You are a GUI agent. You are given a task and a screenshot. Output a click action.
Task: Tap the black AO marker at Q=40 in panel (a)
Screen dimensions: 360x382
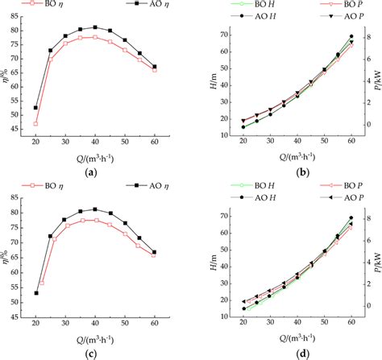(x=95, y=27)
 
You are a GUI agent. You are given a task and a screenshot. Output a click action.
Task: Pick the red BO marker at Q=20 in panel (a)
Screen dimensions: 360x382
(x=35, y=123)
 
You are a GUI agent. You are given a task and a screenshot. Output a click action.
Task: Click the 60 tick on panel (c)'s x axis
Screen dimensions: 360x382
(x=154, y=322)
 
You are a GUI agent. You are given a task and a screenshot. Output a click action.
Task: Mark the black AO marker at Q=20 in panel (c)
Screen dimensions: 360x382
(x=35, y=293)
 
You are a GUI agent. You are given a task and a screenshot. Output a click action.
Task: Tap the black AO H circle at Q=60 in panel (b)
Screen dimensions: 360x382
(x=351, y=36)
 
